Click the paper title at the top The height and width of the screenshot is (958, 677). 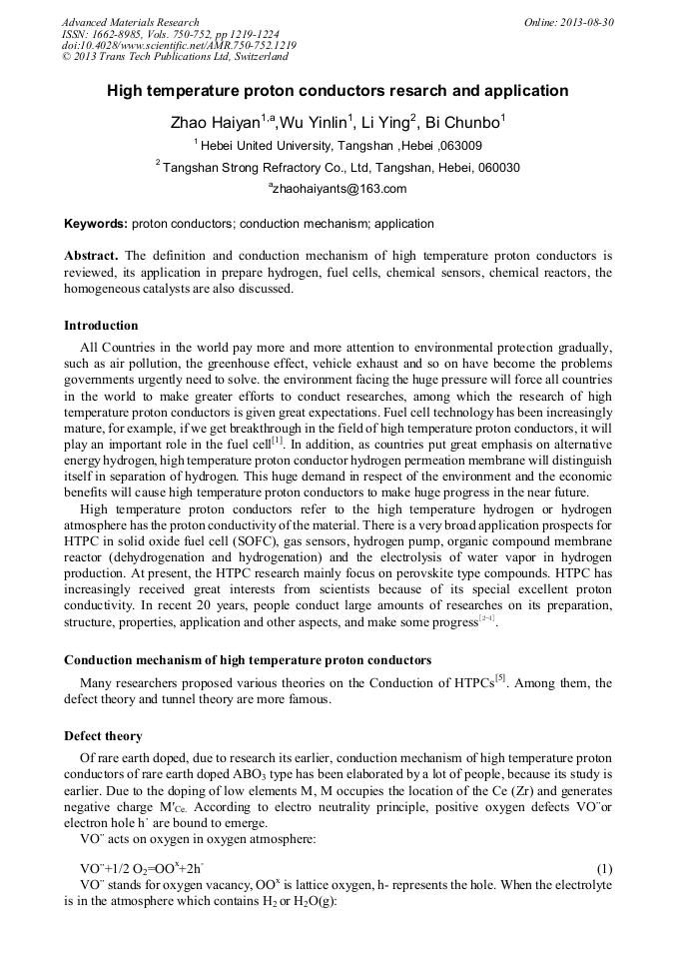click(x=338, y=91)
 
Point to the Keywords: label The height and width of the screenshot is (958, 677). click(x=95, y=224)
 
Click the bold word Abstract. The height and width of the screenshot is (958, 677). click(x=92, y=255)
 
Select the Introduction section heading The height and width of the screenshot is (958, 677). click(x=101, y=326)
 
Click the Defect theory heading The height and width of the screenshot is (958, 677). click(x=103, y=736)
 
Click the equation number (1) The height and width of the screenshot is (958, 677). click(x=603, y=870)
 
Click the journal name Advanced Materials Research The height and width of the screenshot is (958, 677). click(x=130, y=22)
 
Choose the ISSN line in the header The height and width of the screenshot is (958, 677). click(x=170, y=34)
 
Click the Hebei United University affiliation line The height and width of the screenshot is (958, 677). click(x=338, y=146)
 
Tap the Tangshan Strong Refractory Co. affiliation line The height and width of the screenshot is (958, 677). click(x=338, y=168)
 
